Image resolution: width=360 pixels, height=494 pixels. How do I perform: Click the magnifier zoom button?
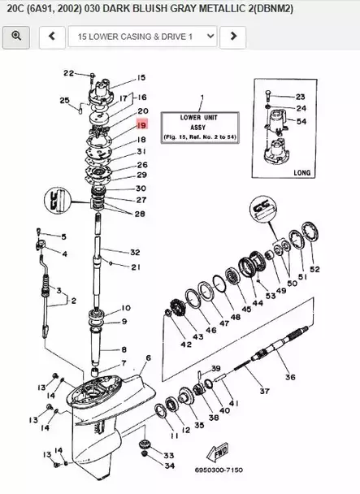16,37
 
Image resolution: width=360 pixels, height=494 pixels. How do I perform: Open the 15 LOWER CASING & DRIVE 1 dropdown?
142,37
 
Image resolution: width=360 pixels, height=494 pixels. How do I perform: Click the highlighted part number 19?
141,126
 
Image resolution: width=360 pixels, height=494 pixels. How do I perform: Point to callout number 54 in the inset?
301,121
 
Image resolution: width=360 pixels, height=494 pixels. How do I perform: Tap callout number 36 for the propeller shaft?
289,376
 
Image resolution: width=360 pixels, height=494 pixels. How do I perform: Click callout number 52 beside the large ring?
314,269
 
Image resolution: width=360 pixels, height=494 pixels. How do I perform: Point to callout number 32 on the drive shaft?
135,253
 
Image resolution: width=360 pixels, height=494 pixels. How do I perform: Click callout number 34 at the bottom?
169,466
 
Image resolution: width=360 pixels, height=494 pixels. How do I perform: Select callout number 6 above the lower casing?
148,358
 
